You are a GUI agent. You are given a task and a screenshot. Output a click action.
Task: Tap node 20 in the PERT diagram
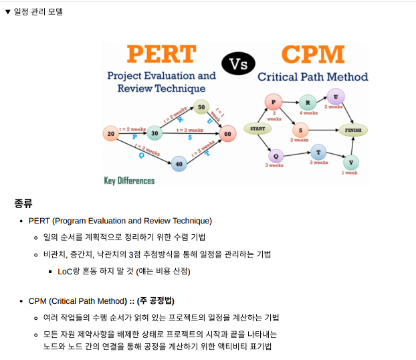(x=111, y=134)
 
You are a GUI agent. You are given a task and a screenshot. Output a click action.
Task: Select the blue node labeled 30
(x=155, y=133)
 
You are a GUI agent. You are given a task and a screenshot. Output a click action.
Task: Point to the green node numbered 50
(x=201, y=107)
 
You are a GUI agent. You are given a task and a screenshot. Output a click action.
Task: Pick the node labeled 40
(x=179, y=163)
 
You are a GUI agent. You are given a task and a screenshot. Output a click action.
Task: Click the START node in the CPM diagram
(x=257, y=128)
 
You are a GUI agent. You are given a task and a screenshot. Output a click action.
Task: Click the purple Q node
(x=275, y=157)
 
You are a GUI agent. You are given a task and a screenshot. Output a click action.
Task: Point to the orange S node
(x=301, y=130)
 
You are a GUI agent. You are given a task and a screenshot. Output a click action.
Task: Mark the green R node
(x=307, y=103)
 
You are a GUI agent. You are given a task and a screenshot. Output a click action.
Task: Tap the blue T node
(x=318, y=152)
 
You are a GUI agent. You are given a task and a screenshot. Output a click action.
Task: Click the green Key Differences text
(x=129, y=181)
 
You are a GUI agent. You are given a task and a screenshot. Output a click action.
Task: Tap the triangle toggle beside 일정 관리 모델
(x=7, y=12)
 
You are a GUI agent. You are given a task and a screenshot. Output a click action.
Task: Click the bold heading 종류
(x=23, y=203)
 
